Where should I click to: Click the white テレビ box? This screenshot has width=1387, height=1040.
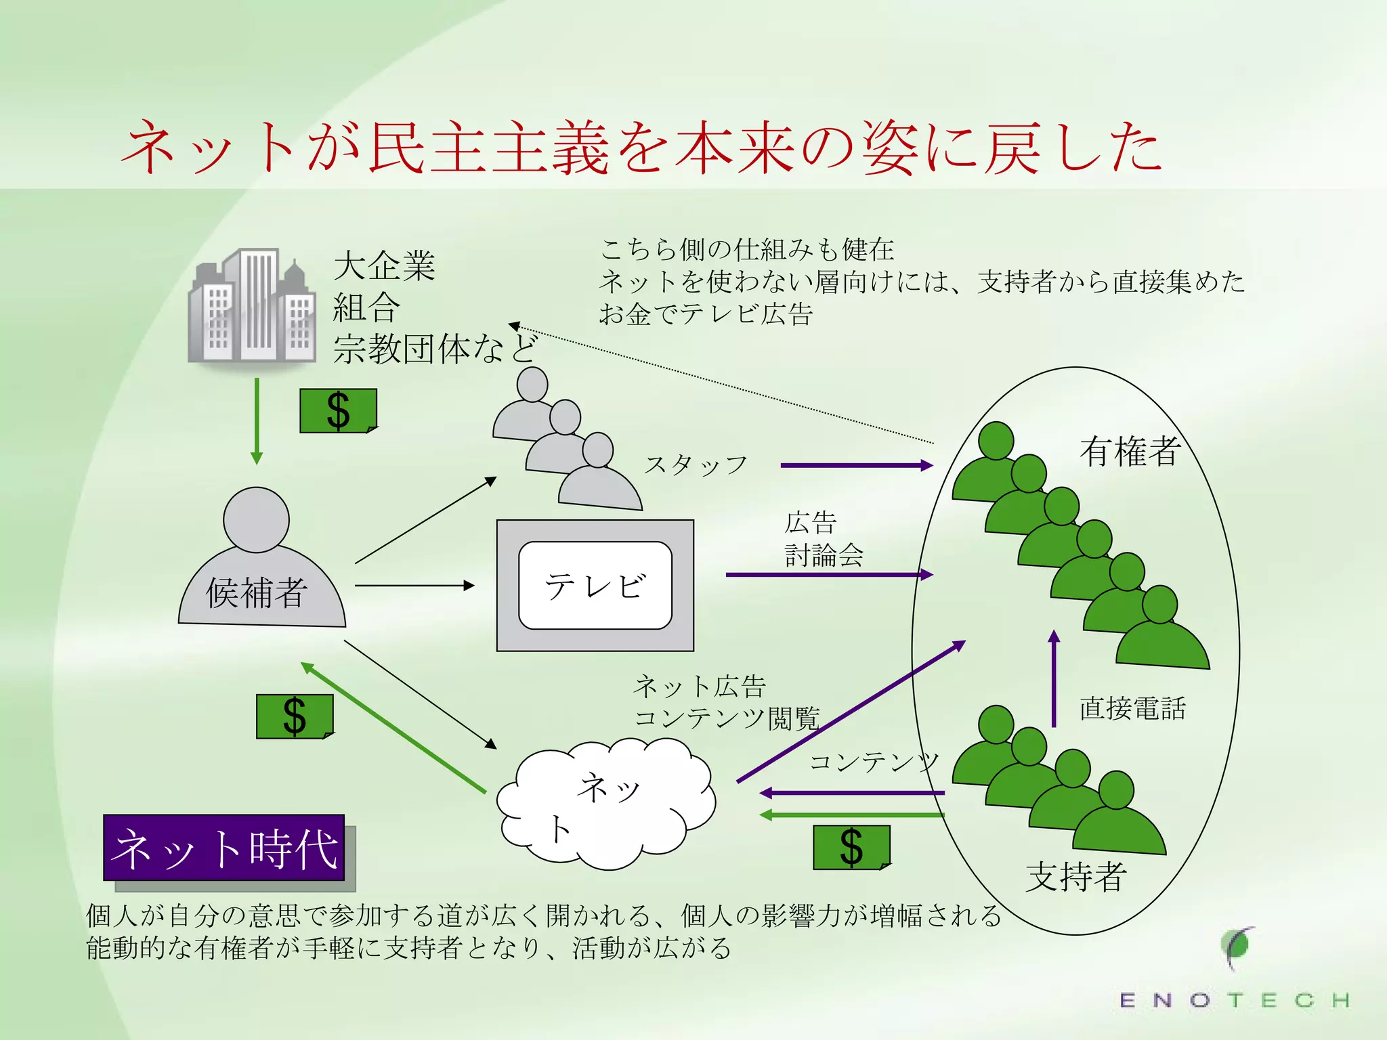[595, 585]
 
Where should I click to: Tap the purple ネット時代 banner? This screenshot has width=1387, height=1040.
[224, 848]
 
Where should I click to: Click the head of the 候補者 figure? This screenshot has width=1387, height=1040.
[256, 519]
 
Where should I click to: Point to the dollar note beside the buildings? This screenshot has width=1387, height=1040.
[338, 410]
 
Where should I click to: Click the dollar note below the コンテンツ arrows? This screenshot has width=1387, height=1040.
[851, 847]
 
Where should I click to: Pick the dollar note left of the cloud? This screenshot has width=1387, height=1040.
[295, 716]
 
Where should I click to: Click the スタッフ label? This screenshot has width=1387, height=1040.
[696, 465]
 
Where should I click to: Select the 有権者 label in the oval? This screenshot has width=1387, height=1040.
[1130, 451]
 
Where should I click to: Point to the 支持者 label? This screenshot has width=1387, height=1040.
[1076, 877]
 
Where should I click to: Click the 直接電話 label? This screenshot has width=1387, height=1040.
[1132, 708]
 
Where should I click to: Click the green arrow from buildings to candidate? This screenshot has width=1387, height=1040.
[257, 420]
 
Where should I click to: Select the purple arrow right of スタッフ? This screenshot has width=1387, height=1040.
[857, 465]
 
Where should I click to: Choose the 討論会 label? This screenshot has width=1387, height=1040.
[824, 555]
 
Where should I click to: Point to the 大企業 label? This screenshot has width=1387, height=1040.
[384, 265]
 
